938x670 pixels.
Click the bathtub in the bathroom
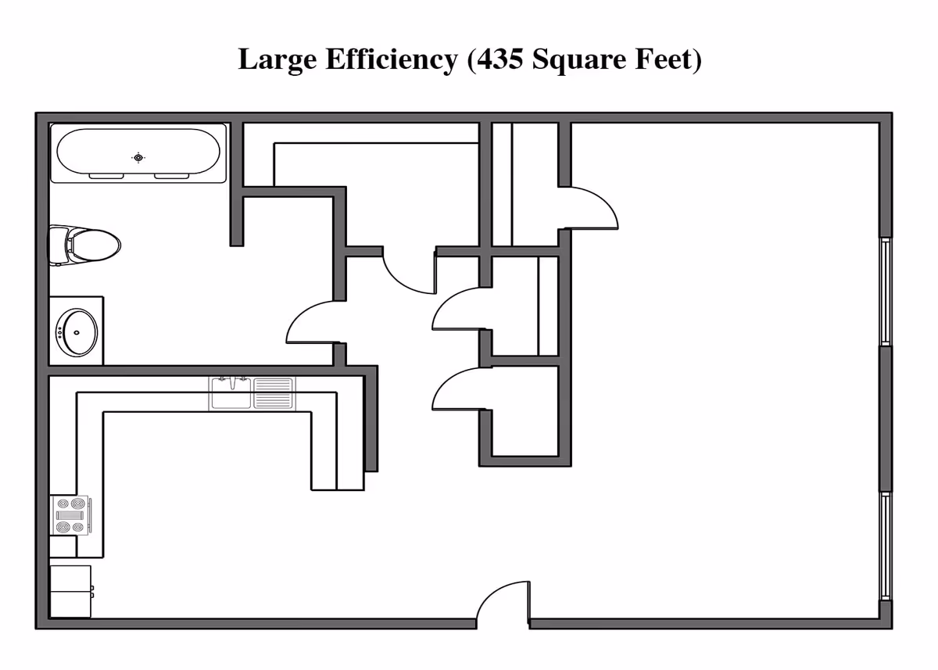[x=138, y=153]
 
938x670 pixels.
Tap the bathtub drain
[x=138, y=158]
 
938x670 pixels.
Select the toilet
[x=84, y=245]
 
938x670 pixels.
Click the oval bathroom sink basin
[x=77, y=333]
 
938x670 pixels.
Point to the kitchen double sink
[x=231, y=392]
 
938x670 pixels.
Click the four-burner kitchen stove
[x=70, y=515]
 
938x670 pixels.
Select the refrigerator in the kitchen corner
[x=71, y=591]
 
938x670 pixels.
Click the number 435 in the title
[x=499, y=59]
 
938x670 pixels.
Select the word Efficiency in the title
[x=392, y=60]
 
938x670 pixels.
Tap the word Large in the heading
[x=277, y=60]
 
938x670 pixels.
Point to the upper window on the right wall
[x=885, y=292]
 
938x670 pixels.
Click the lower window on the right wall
[x=885, y=546]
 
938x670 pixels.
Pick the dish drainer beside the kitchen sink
[x=273, y=392]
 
